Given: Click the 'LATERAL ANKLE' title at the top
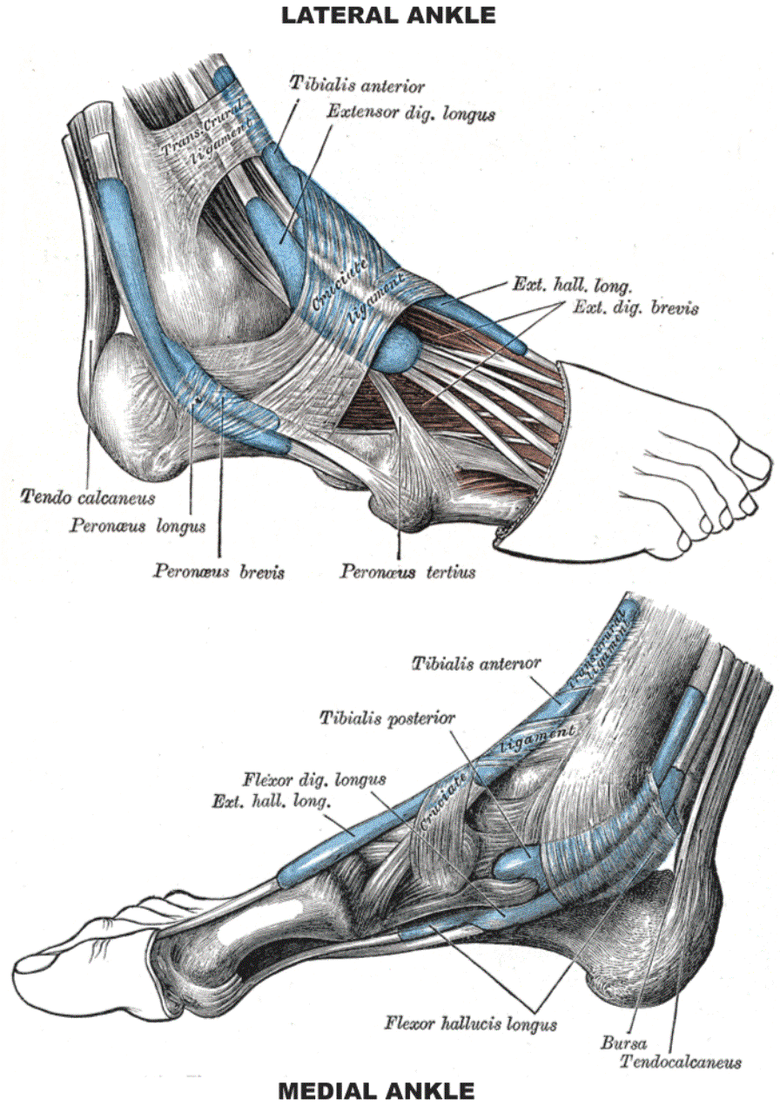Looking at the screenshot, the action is (x=388, y=15).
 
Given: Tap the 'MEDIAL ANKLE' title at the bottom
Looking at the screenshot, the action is (x=376, y=1090).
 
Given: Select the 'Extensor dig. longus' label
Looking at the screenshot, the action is (x=410, y=113).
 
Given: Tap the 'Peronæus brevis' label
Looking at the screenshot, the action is (x=219, y=571).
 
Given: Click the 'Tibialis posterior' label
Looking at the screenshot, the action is (x=387, y=718).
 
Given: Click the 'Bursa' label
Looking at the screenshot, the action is (x=621, y=1042).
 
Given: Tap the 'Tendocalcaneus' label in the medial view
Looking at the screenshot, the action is (x=680, y=1062).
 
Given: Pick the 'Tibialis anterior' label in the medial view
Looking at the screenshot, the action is (x=475, y=664).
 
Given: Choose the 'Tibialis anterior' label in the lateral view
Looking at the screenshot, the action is (x=357, y=85).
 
